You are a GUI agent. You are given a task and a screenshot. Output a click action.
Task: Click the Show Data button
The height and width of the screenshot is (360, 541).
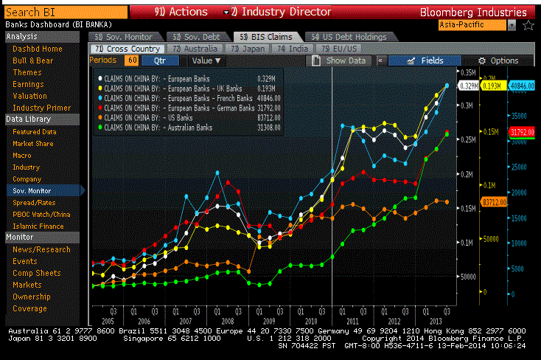coord(340,60)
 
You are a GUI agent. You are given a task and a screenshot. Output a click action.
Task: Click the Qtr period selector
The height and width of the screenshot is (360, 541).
coord(158,60)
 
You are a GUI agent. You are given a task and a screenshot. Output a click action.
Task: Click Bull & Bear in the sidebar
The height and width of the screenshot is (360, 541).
coord(33,60)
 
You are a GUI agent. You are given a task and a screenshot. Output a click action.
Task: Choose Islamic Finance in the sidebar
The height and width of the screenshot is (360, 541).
coord(38,226)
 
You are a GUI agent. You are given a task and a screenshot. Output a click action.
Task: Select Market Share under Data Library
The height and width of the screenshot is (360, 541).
coord(33,143)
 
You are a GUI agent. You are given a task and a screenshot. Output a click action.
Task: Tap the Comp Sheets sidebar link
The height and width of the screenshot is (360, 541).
coord(36,273)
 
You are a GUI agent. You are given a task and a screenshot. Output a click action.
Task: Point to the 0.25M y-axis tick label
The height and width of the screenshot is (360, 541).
coord(469,139)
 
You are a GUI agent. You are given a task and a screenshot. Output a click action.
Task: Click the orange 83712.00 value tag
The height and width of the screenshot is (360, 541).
coord(492,201)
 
